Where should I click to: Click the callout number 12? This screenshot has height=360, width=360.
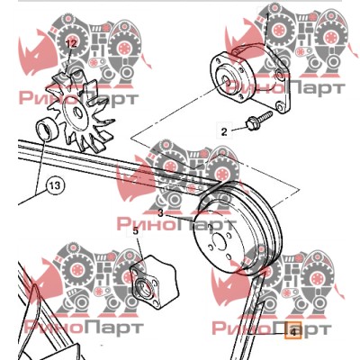coord(71,44)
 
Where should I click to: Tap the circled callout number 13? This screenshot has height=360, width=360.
coord(55,185)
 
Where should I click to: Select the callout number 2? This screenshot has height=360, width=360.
coord(224,132)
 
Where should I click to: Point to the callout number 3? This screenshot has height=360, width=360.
coord(161,213)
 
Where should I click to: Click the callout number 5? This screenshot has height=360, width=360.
coord(136,231)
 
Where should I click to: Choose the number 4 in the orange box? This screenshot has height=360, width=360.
coord(293,332)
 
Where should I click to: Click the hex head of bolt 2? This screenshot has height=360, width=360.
coord(250,124)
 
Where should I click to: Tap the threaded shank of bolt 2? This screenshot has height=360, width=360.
coord(264,116)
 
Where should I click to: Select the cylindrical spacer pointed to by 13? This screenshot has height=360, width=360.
coord(47,129)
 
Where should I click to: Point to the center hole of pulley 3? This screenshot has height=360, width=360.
coord(218,241)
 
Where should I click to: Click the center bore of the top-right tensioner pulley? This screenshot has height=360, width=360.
coord(225,79)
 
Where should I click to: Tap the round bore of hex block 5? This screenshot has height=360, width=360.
coord(144,287)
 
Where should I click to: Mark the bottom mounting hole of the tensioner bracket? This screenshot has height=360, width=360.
coord(280,106)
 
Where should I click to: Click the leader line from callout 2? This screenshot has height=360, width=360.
coord(238,130)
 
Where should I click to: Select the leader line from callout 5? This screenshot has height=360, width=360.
coord(140,247)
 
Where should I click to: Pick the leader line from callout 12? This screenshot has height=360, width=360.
coord(69,61)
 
